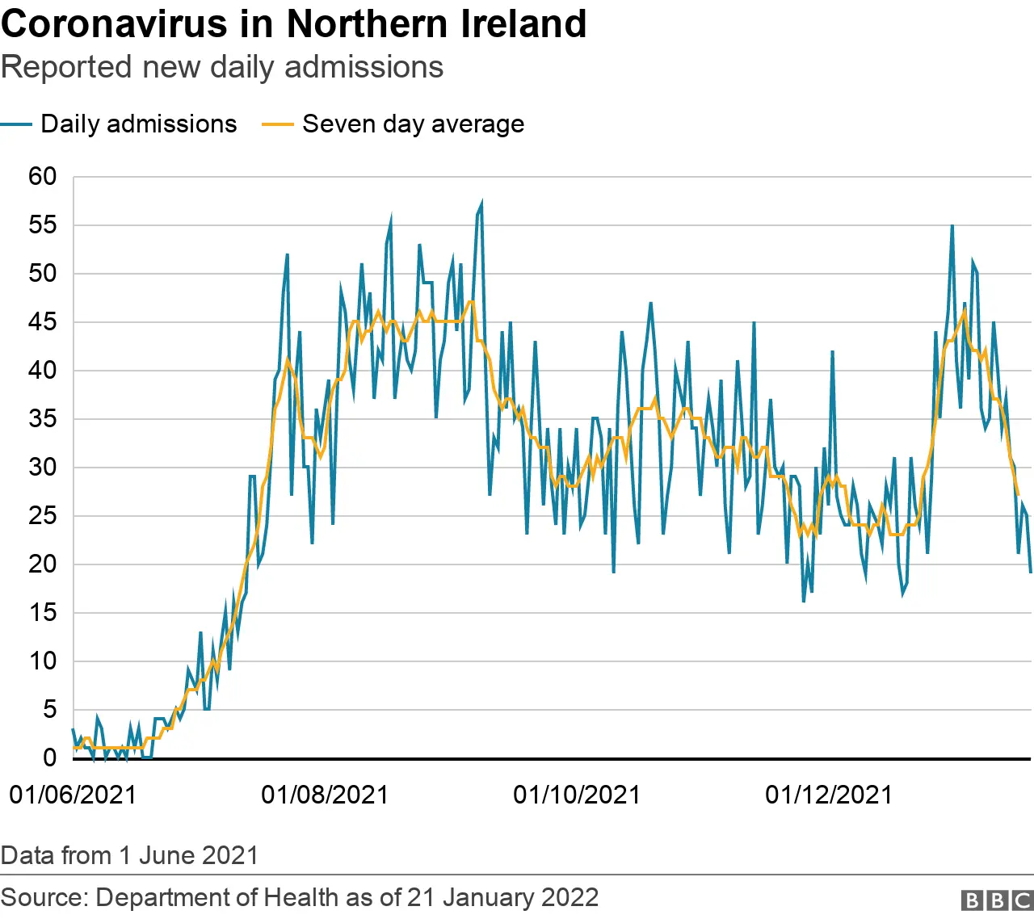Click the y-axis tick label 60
[43, 176]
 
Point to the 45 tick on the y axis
[43, 321]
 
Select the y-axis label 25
[43, 515]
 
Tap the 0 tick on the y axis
[50, 757]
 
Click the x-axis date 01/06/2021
[73, 795]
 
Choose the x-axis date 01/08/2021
[325, 795]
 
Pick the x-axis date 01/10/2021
[577, 795]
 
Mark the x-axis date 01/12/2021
[829, 795]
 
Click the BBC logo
[997, 900]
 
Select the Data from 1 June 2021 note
[129, 855]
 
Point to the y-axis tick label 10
[43, 661]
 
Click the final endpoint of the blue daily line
[1031, 573]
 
